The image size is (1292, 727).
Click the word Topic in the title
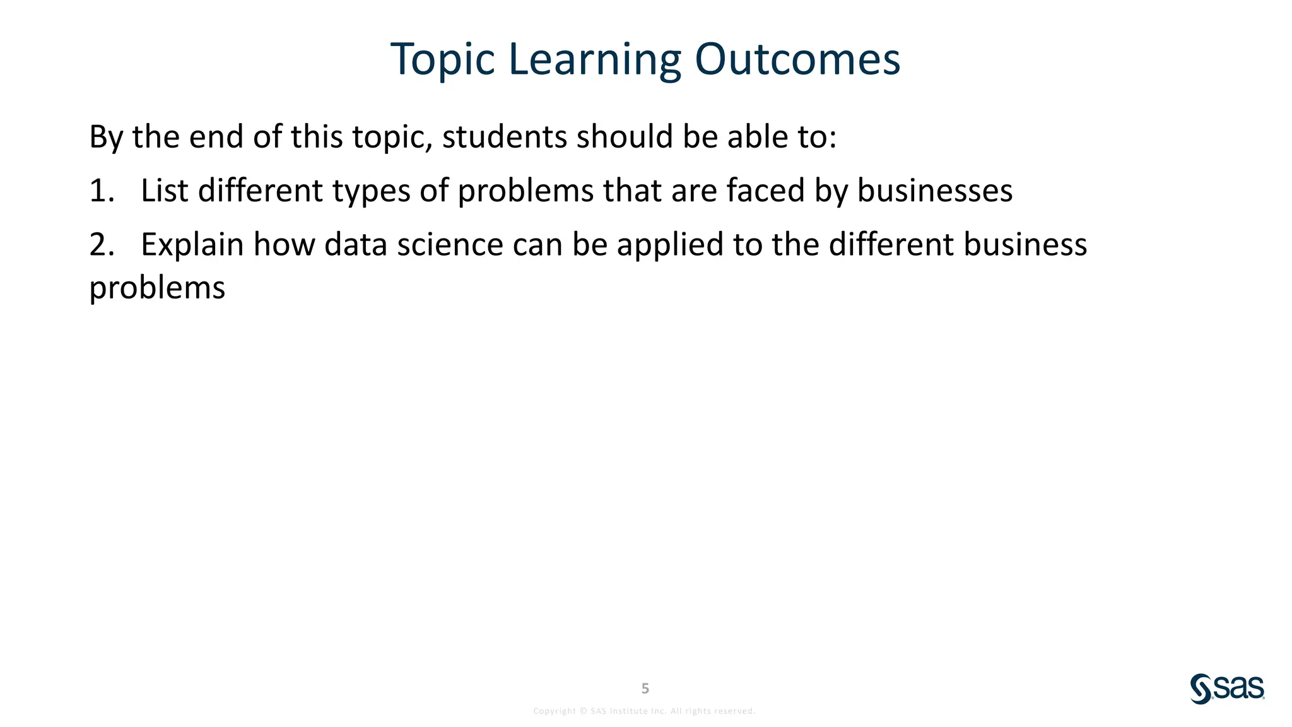442,60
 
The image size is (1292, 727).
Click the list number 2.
101,245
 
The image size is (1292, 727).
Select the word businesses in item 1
934,191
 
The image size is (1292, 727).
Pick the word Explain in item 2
192,245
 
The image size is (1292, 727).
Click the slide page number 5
645,689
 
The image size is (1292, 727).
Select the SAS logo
1227,689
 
